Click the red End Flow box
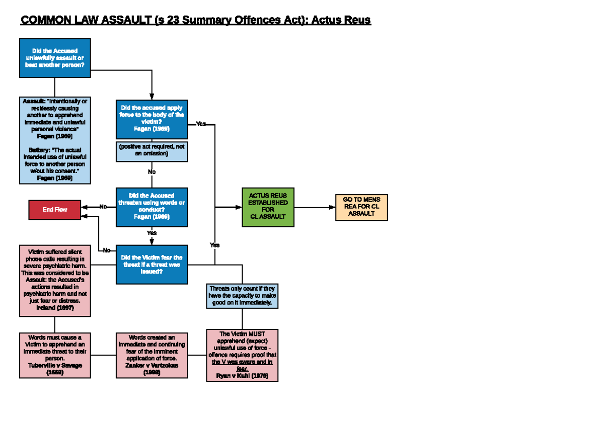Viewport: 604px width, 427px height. pos(55,209)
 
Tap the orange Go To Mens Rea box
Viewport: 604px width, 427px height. pos(361,207)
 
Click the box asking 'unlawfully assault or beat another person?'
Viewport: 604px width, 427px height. pos(55,58)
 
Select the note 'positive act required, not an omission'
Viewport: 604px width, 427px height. pos(152,150)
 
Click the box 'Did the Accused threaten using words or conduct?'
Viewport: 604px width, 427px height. pos(152,206)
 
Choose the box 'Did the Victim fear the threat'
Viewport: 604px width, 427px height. pos(152,265)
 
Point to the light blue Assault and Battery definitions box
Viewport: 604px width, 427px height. pos(55,140)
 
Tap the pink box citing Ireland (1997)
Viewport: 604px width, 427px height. pos(55,280)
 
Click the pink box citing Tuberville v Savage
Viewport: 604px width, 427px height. pos(55,355)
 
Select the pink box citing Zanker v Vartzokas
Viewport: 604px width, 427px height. pos(152,355)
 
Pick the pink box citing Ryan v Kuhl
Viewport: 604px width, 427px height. pos(242,355)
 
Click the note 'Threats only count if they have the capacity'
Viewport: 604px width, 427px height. pos(242,296)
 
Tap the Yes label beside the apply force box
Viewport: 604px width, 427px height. pos(201,124)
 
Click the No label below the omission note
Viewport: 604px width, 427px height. pos(152,172)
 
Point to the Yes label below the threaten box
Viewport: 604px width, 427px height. pos(152,233)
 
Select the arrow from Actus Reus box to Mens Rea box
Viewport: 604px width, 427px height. pos(315,207)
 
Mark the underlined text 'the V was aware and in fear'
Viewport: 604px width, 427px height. pos(242,365)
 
